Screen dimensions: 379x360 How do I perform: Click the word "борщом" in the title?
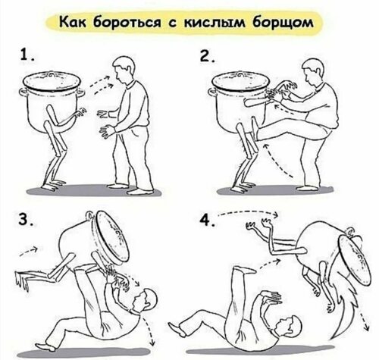283,23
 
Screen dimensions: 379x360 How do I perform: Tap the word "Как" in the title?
73,22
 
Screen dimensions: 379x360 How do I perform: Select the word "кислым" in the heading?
215,23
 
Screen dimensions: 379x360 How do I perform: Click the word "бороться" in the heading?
127,22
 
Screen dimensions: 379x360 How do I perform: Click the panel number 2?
207,55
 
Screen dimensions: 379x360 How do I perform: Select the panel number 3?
25,219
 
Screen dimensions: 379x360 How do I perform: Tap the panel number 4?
207,221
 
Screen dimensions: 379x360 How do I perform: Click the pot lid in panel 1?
52,80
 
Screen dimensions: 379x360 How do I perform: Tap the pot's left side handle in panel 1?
23,92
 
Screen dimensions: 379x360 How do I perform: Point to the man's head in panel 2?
313,71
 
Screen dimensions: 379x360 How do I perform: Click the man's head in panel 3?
146,300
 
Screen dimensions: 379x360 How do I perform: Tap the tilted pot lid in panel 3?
112,238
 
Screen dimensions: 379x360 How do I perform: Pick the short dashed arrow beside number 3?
29,252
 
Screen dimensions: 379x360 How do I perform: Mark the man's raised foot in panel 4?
245,270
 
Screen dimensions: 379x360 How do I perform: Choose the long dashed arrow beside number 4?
249,212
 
